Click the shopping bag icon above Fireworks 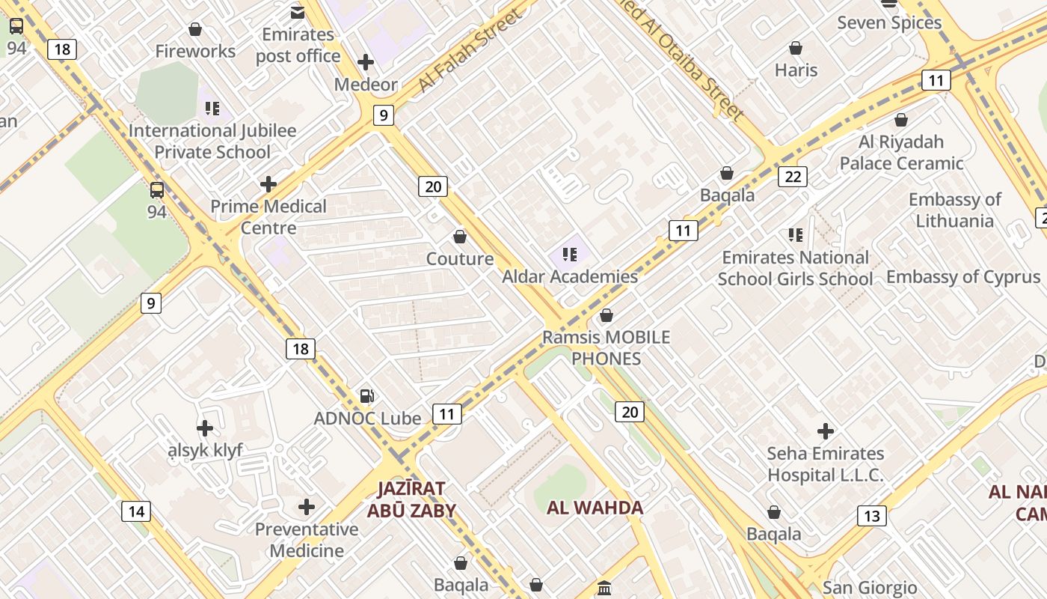click(195, 29)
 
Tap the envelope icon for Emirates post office click(298, 12)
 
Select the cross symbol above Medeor click(366, 62)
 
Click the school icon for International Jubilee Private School click(212, 109)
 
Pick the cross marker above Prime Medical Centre click(268, 184)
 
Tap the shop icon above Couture click(460, 237)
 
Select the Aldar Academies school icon click(570, 255)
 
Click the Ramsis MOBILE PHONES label click(607, 347)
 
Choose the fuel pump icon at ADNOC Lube click(366, 396)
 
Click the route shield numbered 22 click(793, 177)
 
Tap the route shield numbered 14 click(135, 511)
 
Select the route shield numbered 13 click(871, 515)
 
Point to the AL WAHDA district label click(595, 508)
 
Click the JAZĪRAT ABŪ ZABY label click(411, 499)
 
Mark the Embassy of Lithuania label click(954, 210)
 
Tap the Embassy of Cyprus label click(963, 277)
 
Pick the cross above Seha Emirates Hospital click(826, 431)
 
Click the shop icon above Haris click(796, 48)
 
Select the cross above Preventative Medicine click(307, 507)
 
